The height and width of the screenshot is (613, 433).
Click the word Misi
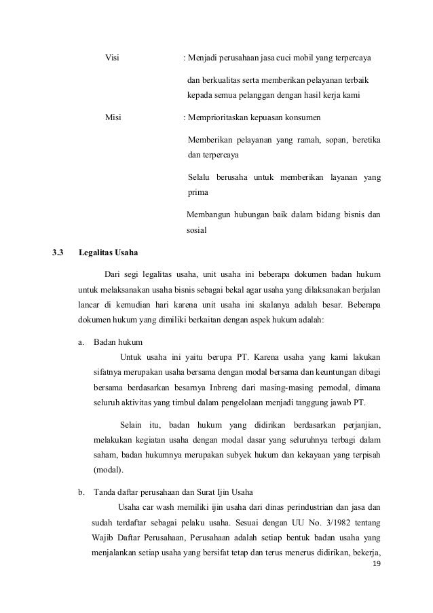(113, 117)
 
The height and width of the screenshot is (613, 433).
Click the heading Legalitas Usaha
(108, 255)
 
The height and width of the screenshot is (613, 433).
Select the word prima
(197, 192)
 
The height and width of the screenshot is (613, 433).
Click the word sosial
(197, 230)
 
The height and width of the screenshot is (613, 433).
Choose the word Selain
(132, 425)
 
